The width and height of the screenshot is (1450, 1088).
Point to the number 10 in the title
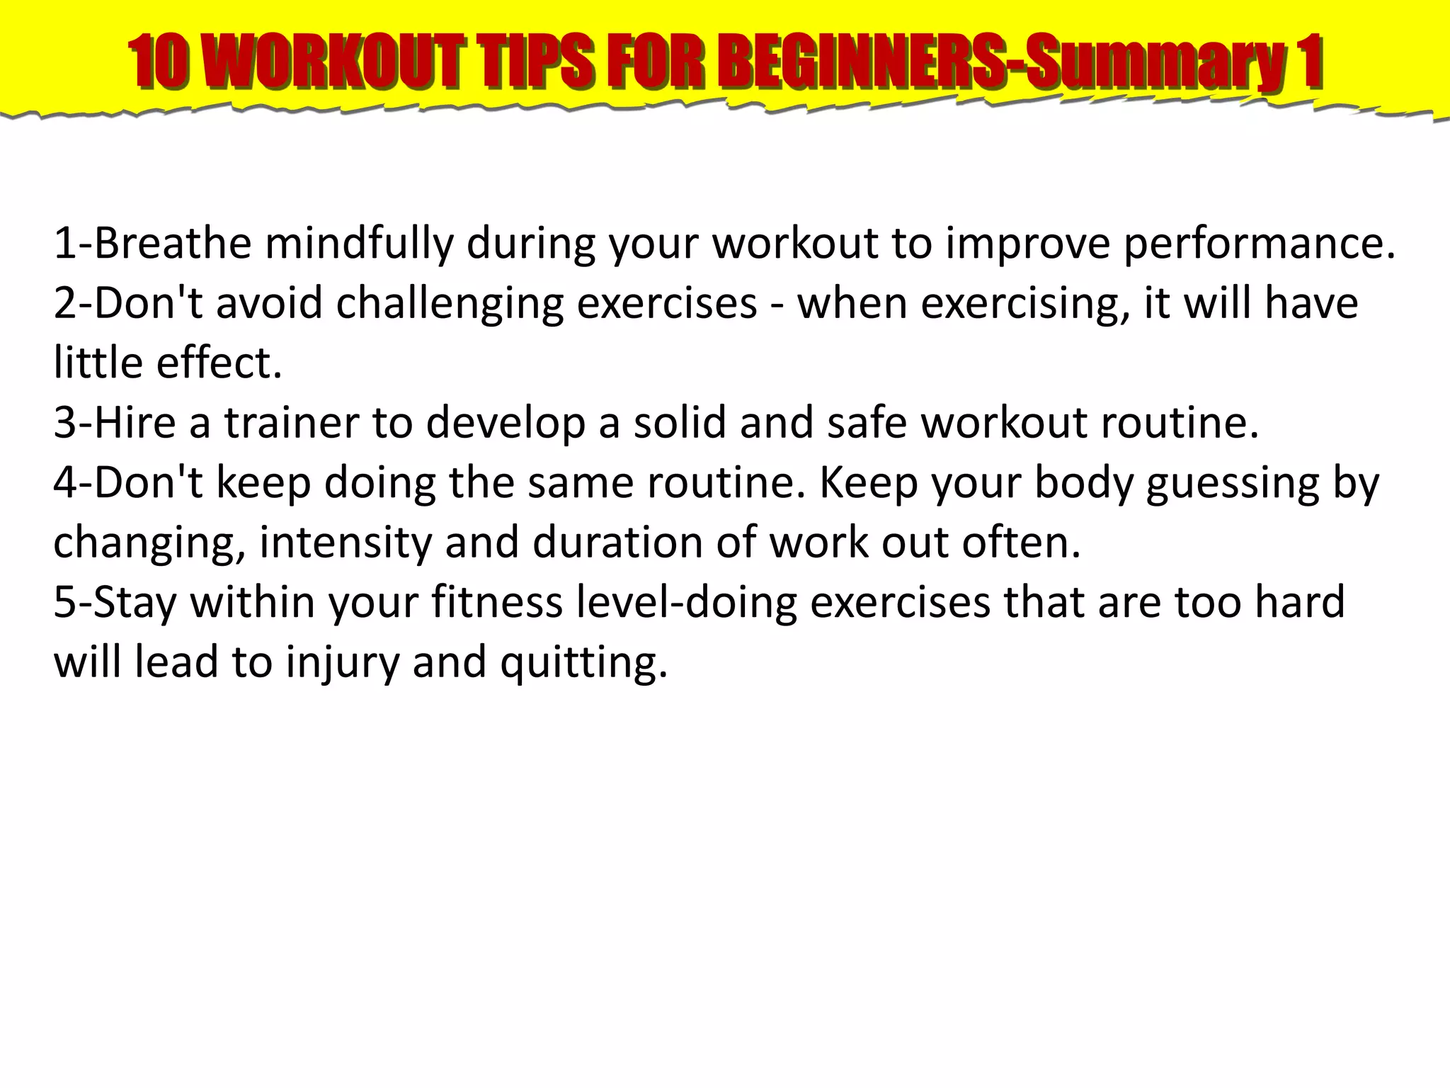click(x=159, y=62)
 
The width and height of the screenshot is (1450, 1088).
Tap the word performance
click(x=1260, y=243)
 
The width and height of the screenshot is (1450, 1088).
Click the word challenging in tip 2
click(x=450, y=304)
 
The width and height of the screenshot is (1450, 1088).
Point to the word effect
click(x=219, y=363)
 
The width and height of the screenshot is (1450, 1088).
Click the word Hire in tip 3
click(x=135, y=423)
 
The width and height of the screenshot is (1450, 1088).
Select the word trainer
click(x=292, y=423)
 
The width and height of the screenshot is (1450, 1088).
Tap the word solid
click(x=680, y=423)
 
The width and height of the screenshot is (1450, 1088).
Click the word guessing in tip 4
click(x=1233, y=484)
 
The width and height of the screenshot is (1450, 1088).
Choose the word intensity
click(x=346, y=543)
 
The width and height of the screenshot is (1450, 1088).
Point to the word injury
click(x=343, y=663)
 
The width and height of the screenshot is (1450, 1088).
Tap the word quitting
click(x=583, y=663)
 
